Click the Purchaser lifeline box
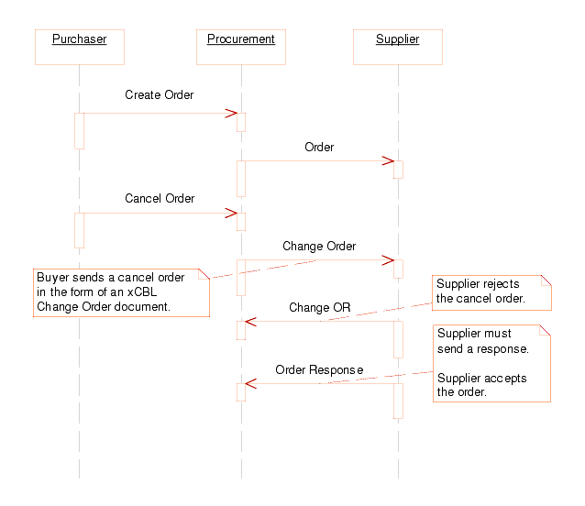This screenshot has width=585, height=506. pos(79,46)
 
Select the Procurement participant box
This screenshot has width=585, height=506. pos(241,46)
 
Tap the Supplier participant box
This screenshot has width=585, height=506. pos(398,46)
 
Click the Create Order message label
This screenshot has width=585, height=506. pos(160,94)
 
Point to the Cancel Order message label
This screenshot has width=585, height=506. pos(160,198)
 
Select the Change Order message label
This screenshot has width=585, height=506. pos(319,246)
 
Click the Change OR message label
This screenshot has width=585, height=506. pos(320,307)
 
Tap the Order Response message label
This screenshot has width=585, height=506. pos(319,369)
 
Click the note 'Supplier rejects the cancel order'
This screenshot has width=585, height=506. pos(492,291)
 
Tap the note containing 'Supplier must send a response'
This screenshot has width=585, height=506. pos(492,362)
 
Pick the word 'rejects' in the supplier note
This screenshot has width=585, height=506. pos(503,284)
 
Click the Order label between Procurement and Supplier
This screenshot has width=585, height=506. pos(319,147)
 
